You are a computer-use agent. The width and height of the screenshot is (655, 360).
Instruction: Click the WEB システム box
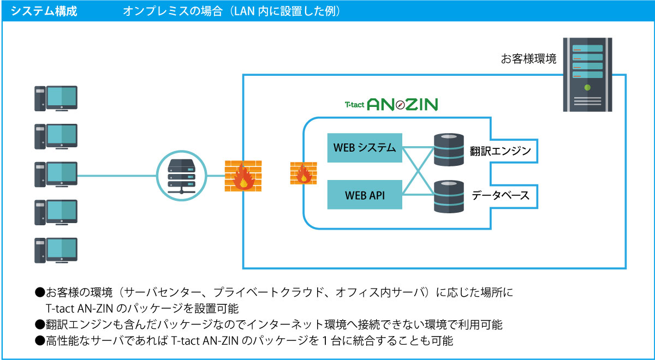[365, 148]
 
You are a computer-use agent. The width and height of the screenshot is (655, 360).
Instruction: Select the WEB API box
[365, 195]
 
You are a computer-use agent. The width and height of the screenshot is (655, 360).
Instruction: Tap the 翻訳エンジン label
[501, 151]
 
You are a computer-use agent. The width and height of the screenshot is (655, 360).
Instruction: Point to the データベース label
[501, 195]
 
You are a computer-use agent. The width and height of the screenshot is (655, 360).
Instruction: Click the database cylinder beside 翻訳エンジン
[449, 149]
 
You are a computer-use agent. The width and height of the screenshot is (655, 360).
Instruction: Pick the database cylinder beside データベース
[449, 196]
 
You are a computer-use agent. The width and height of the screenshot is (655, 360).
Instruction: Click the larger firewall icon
[243, 176]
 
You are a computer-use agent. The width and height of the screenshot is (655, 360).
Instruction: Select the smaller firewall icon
[303, 173]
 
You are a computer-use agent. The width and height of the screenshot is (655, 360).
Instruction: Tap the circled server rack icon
[182, 176]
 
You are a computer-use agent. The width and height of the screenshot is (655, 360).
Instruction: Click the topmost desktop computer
[56, 99]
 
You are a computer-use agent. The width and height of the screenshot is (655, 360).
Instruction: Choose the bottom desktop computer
[56, 250]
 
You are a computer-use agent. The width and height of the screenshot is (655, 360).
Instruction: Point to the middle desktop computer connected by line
[56, 175]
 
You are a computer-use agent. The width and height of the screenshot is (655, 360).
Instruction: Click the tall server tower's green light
[587, 87]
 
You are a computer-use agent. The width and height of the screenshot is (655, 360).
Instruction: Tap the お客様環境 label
[528, 59]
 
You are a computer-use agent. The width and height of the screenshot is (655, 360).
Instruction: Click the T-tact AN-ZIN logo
[391, 104]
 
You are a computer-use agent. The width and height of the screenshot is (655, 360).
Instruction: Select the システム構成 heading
[44, 11]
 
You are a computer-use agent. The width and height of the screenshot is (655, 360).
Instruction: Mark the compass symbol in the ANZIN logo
[400, 105]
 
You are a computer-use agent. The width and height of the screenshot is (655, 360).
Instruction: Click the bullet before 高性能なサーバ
[40, 341]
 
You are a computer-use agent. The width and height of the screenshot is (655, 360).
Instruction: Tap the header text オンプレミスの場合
[173, 11]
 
